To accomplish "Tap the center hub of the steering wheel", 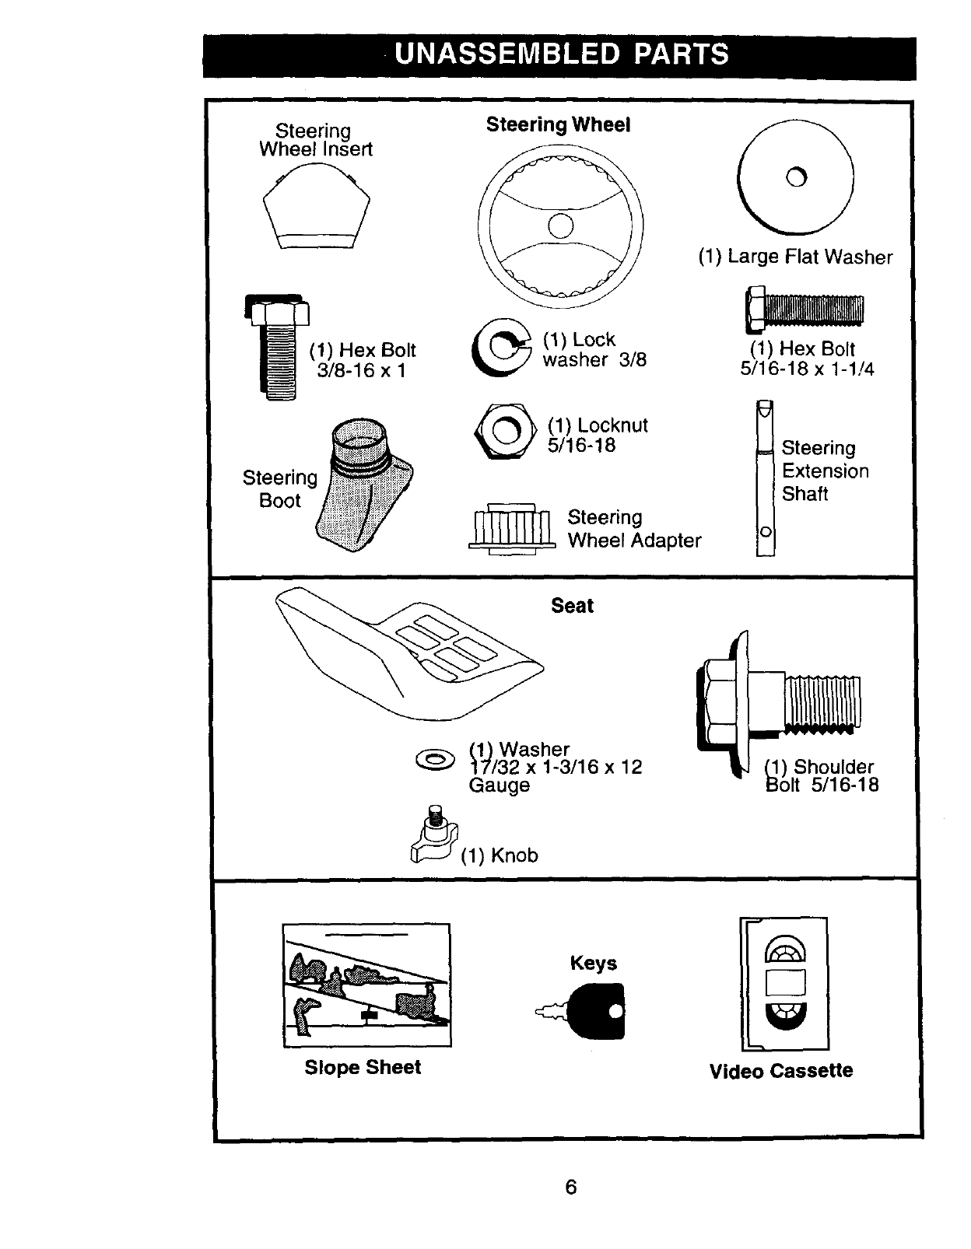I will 560,226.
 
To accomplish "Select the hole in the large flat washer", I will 796,177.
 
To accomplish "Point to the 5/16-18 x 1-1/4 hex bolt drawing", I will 804,310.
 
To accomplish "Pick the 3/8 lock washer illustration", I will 499,348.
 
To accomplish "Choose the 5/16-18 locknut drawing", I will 505,430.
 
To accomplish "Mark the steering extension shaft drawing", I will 766,478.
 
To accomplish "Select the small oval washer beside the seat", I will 435,758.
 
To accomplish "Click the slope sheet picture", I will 366,985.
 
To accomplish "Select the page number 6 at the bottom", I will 570,1187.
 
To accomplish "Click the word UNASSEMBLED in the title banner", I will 507,54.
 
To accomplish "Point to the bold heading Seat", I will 572,606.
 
